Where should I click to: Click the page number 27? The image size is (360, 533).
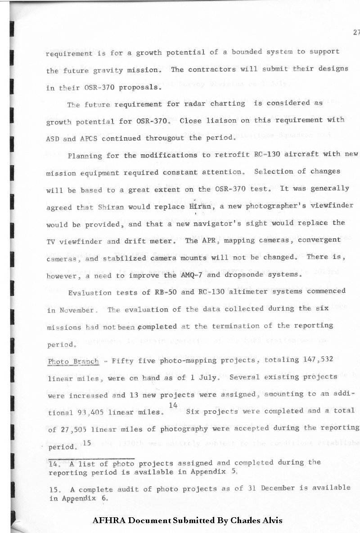[356, 32]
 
